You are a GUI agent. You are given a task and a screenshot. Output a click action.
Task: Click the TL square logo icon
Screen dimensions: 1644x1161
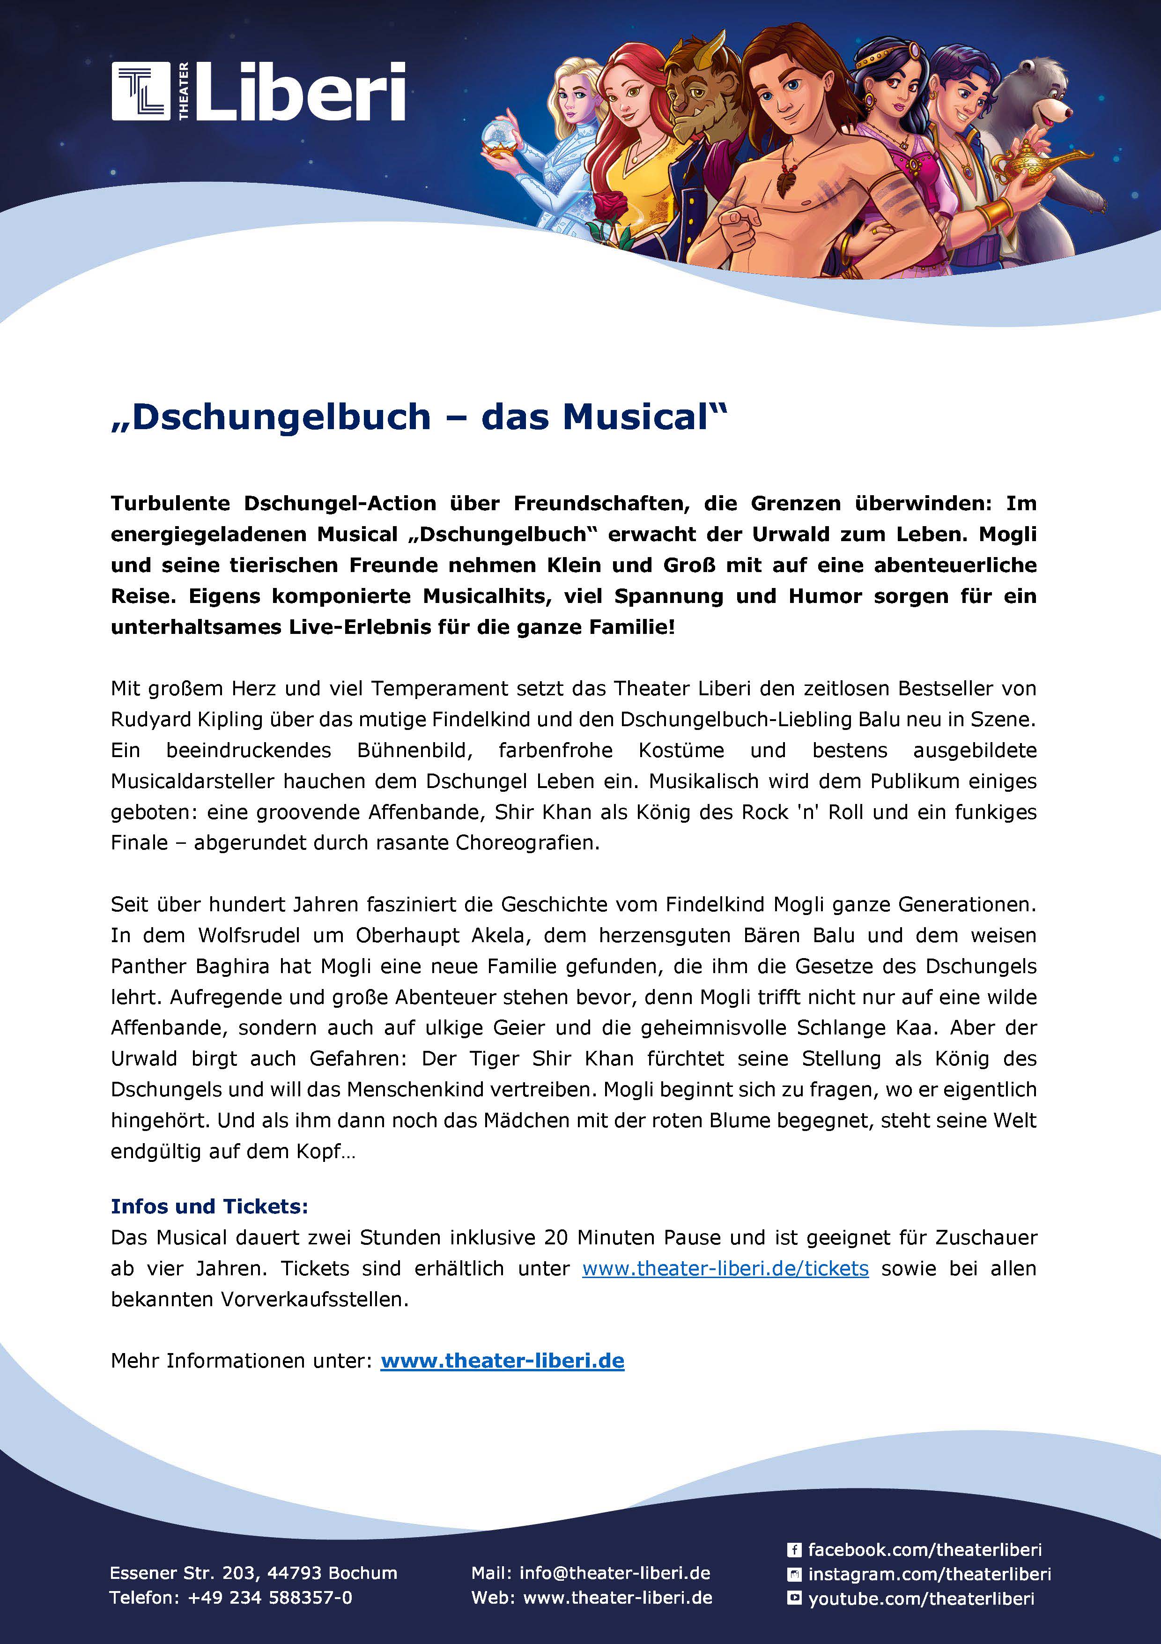[x=141, y=91]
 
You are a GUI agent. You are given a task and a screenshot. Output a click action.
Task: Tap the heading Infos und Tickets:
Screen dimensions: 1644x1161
[x=209, y=1206]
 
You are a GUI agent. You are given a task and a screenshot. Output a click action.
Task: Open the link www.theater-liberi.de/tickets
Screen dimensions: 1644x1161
[x=725, y=1268]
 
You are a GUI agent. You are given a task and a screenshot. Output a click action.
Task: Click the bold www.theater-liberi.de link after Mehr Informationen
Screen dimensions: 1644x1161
[x=503, y=1361]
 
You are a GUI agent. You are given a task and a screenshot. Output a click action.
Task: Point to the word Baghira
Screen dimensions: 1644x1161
[x=232, y=966]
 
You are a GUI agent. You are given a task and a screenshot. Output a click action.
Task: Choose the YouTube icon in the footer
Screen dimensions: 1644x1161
[x=794, y=1598]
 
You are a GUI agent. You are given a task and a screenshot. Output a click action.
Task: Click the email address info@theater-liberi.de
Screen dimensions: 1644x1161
[x=615, y=1573]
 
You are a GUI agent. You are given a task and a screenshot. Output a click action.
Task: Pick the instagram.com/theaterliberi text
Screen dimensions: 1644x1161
[x=929, y=1574]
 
